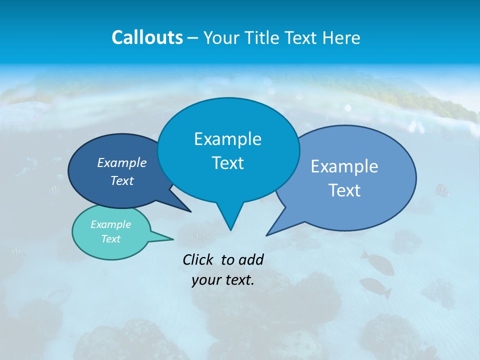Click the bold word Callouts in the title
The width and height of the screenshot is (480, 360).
pos(147,37)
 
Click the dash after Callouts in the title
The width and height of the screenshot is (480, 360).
pos(193,38)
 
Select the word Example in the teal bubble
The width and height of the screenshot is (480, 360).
pos(110,224)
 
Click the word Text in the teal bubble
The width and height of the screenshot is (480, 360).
pos(110,239)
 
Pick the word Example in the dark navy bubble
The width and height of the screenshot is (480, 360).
pos(121,163)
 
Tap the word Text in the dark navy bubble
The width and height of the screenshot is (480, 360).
pos(121,180)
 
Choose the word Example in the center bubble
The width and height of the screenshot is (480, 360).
pos(227,139)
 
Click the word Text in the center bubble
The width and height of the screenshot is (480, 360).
pos(227,163)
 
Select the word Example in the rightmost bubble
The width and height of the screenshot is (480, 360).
pos(344,166)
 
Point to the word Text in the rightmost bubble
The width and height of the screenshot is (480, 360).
pos(344,190)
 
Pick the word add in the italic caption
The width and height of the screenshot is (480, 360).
pos(250,259)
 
